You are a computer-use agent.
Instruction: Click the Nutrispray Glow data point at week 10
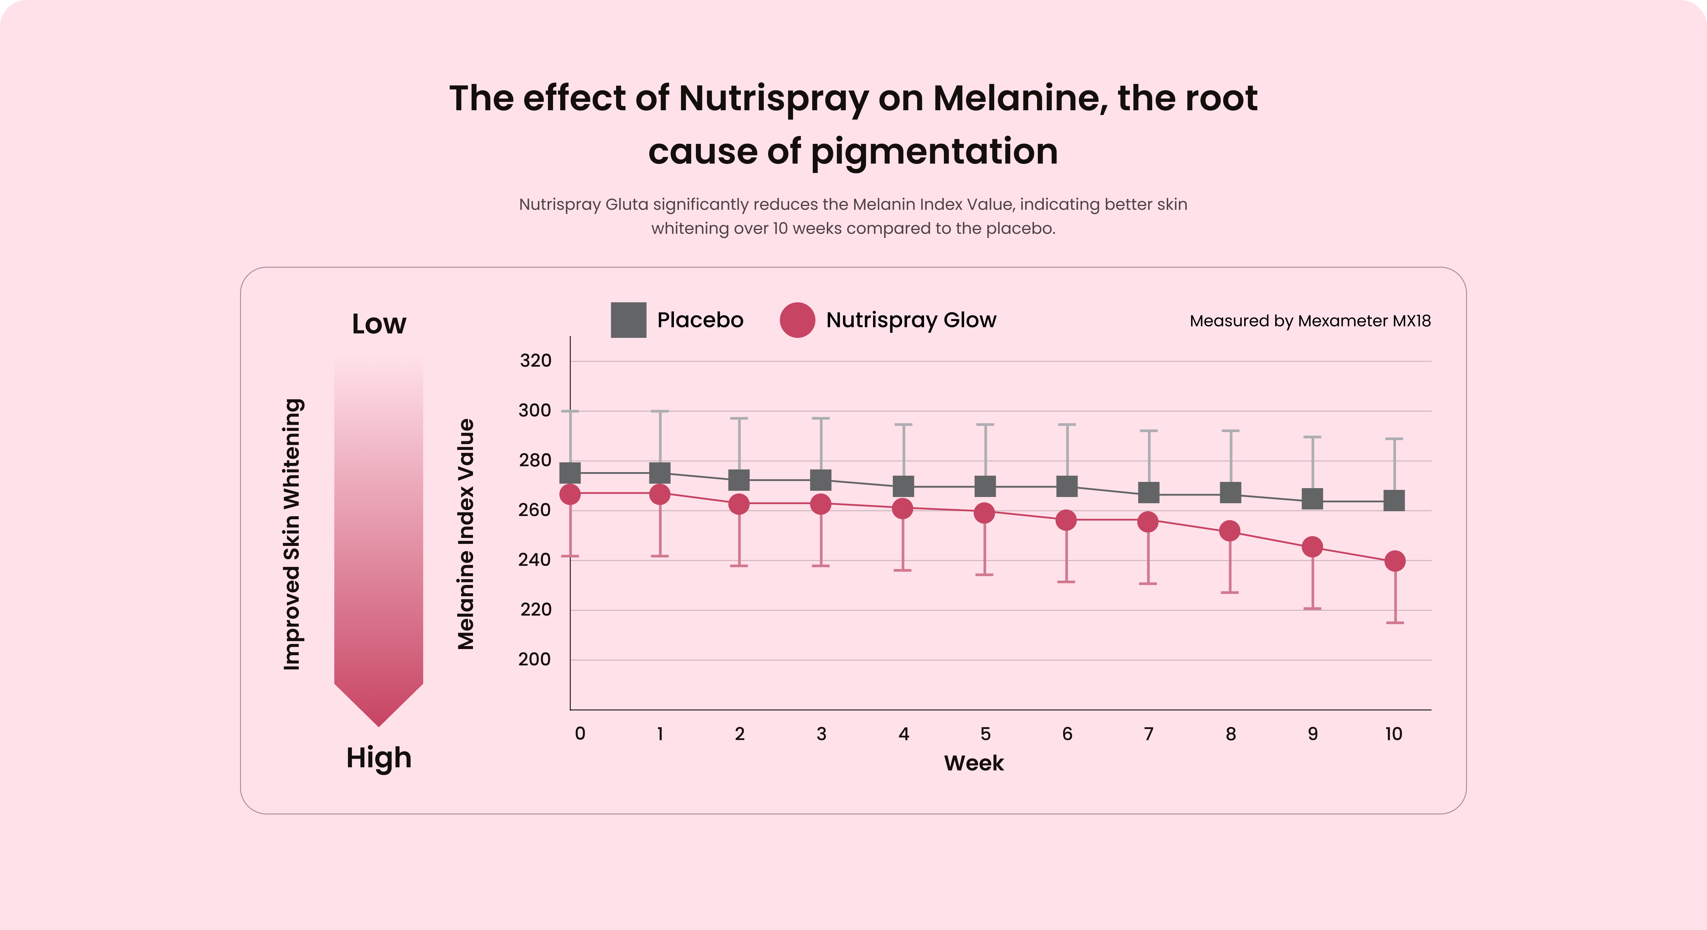1394,561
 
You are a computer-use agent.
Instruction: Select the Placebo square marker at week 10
1394,501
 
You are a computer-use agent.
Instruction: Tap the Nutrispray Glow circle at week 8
1230,531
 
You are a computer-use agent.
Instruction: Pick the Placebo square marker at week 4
903,487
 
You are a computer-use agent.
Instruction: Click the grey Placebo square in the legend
628,320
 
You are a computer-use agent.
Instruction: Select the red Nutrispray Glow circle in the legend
797,320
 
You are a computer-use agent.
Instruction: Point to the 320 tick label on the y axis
536,361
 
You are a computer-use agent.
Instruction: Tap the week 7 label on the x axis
1149,734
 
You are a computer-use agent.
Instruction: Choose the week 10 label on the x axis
1393,734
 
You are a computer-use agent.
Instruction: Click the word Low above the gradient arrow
379,324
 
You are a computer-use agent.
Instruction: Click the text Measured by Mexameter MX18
1310,321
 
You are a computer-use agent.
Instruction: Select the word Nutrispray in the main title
773,98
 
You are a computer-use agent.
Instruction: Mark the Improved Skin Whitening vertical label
292,534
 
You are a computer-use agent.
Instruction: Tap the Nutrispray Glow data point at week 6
1066,520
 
